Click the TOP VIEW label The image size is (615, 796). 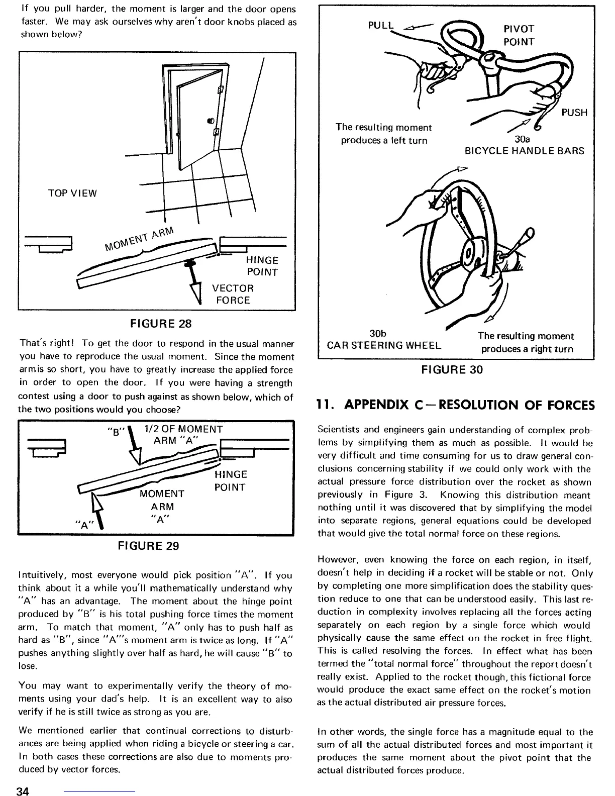pos(72,193)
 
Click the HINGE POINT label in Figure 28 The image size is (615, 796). pos(262,266)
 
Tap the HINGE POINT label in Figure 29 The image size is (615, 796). pos(230,481)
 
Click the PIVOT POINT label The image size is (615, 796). pos(519,35)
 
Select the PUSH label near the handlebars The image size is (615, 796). pos(574,113)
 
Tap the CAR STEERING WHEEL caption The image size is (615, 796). pos(384,345)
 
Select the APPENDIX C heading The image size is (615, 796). pos(455,405)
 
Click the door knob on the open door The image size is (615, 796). pos(210,121)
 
